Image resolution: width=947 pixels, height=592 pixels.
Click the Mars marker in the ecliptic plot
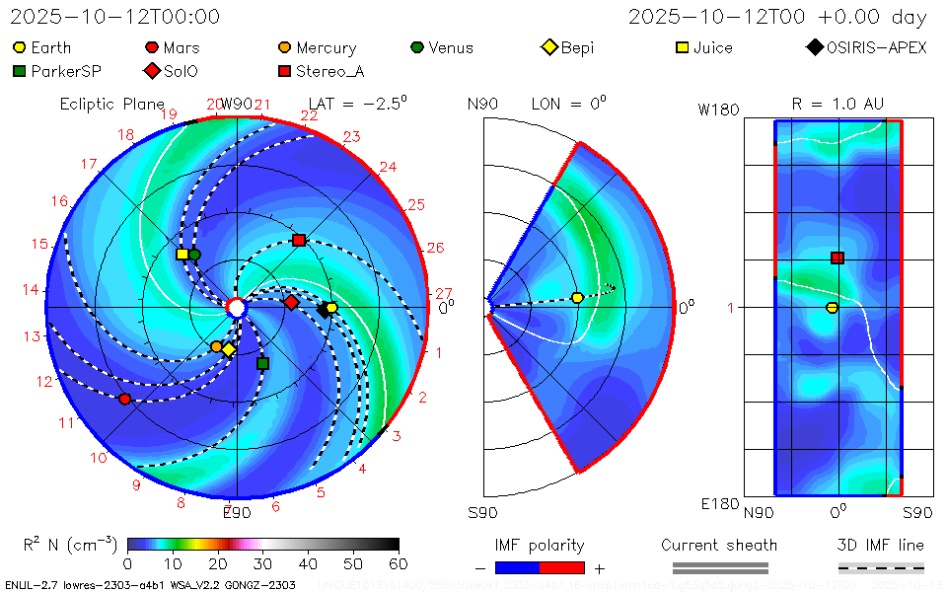pyautogui.click(x=124, y=399)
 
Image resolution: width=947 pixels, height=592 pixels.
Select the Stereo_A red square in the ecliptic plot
pyautogui.click(x=299, y=240)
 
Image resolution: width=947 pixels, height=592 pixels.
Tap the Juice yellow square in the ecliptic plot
pyautogui.click(x=182, y=255)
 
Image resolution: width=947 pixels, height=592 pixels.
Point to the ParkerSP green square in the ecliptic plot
pyautogui.click(x=262, y=363)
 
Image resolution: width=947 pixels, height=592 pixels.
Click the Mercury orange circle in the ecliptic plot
pyautogui.click(x=217, y=346)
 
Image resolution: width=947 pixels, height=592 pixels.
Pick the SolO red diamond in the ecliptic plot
pyautogui.click(x=291, y=302)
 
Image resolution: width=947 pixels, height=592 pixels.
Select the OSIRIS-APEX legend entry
pyautogui.click(x=868, y=47)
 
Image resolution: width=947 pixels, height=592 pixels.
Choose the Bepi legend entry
pyautogui.click(x=568, y=47)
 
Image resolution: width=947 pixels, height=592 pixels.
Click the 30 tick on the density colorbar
pyautogui.click(x=263, y=563)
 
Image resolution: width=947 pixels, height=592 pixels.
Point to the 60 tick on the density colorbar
pyautogui.click(x=400, y=563)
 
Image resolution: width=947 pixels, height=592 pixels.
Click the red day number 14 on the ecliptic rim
pyautogui.click(x=31, y=289)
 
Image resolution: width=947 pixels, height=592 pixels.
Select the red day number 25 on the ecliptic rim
pyautogui.click(x=415, y=204)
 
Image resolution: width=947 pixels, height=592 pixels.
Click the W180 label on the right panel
pyautogui.click(x=718, y=110)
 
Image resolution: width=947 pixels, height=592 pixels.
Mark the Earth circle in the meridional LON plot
pyautogui.click(x=578, y=298)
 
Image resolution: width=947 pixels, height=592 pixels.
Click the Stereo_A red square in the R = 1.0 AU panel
pyautogui.click(x=838, y=258)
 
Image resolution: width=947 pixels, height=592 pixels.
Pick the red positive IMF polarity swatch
pyautogui.click(x=562, y=567)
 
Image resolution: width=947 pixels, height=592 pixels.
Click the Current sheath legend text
pyautogui.click(x=719, y=545)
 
